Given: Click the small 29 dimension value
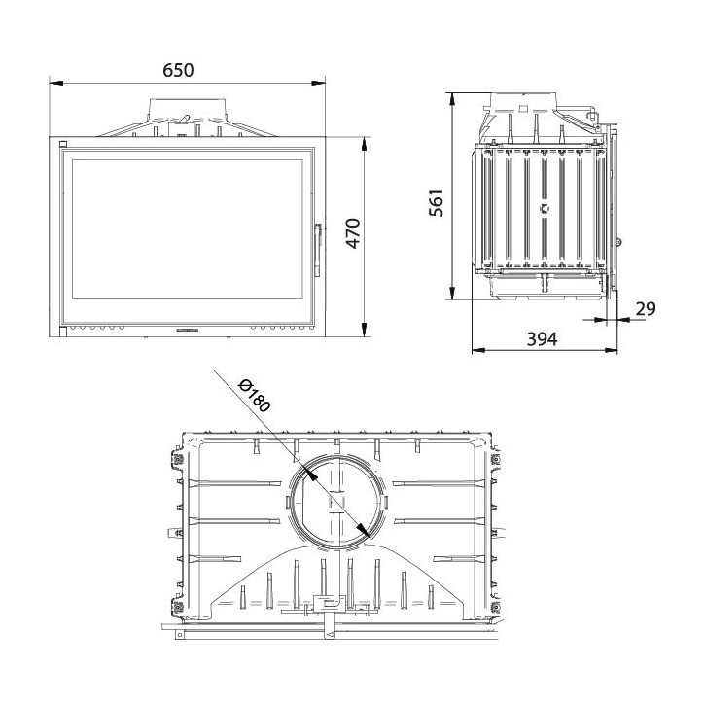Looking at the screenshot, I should pos(645,309).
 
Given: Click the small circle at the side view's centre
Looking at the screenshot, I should pos(545,207).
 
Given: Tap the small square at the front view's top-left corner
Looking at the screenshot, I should pos(63,145).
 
